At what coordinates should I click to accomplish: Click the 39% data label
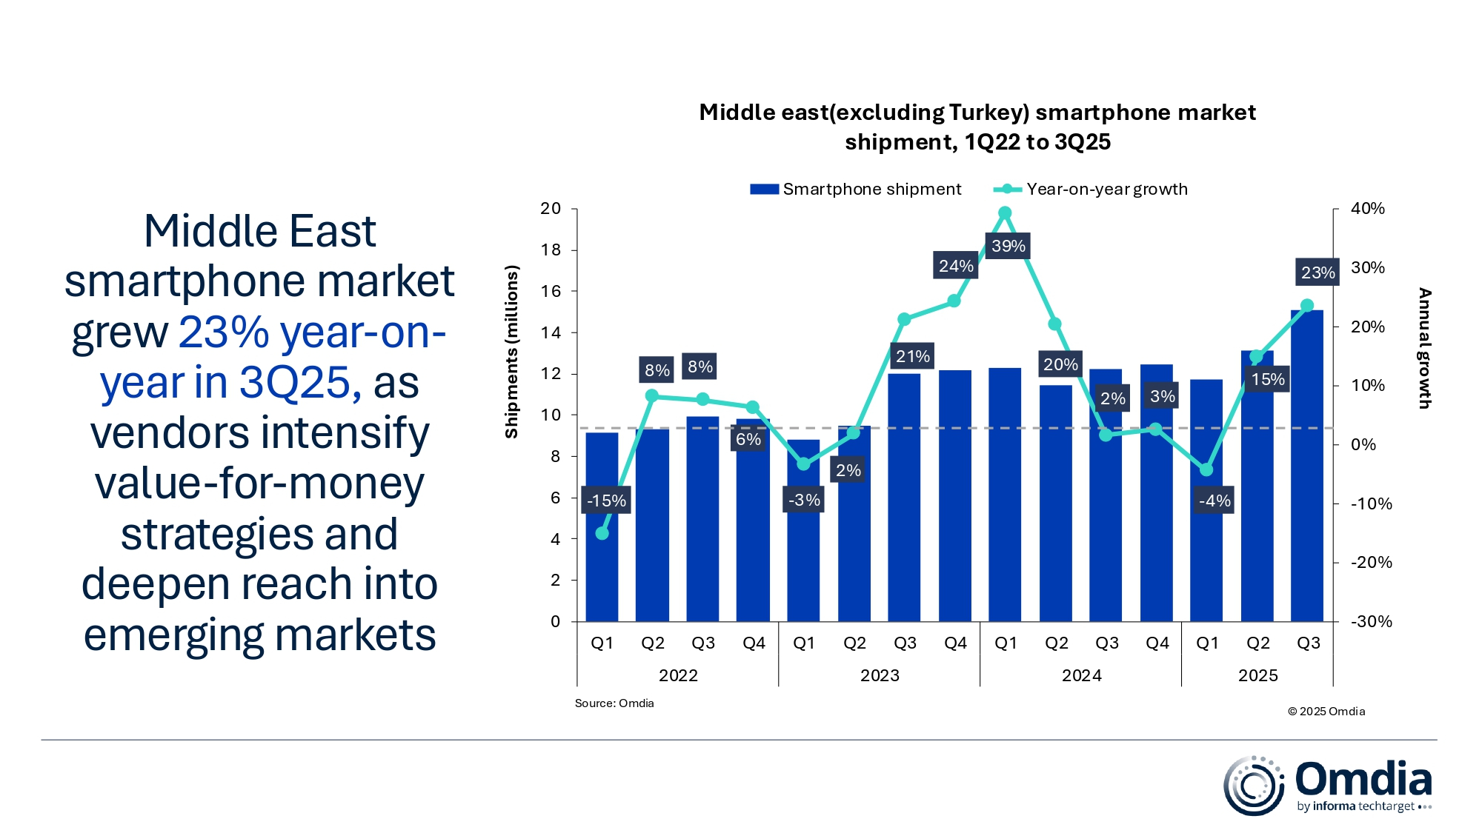1008,246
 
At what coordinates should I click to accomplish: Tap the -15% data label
606,501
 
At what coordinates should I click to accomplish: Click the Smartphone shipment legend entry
856,190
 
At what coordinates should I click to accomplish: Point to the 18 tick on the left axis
551,250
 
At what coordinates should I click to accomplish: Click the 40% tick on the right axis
1367,209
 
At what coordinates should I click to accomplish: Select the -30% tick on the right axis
1371,622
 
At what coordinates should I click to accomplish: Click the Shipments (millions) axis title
511,352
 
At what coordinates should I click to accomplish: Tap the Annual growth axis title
1424,348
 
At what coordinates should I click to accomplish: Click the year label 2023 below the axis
880,675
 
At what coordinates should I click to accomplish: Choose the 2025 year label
1257,675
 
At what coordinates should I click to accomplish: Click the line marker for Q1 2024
1005,213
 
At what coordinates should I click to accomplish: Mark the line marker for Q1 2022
602,533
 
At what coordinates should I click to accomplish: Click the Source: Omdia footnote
614,703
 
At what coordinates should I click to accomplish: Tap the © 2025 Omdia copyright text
1326,712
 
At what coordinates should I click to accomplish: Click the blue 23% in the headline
224,332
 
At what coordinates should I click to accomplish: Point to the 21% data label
912,356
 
